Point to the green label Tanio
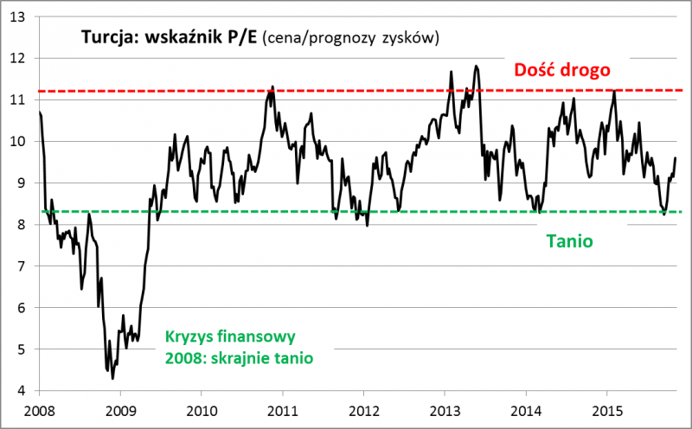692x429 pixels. (x=569, y=241)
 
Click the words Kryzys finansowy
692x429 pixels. (x=231, y=336)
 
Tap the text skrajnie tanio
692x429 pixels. (x=268, y=355)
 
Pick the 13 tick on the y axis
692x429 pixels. (x=18, y=16)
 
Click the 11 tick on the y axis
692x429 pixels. (x=18, y=99)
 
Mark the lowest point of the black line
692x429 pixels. (x=112, y=378)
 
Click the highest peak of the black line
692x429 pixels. (x=476, y=66)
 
